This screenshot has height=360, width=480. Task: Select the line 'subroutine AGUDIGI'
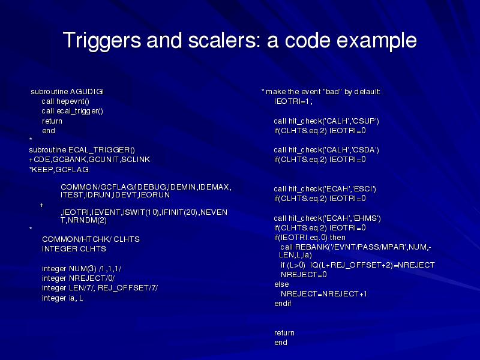point(67,92)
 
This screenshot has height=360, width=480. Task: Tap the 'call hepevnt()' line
point(65,101)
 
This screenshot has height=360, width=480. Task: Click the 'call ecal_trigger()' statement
point(73,111)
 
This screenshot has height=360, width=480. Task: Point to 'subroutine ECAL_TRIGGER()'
point(82,150)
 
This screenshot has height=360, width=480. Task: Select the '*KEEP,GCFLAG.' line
point(59,170)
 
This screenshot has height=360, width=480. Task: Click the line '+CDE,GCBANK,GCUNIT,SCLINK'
point(89,160)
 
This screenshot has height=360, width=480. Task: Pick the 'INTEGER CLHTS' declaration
point(74,249)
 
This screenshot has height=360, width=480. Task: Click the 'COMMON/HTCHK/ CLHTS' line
point(91,239)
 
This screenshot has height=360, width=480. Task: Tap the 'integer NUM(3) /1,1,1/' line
point(82,269)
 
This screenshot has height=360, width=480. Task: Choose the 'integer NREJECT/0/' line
point(79,278)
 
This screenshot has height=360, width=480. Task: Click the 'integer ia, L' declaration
point(62,298)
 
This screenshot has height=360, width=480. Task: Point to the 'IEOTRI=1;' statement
point(293,101)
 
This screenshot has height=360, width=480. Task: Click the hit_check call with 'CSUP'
point(326,121)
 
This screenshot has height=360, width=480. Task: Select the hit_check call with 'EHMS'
point(327,218)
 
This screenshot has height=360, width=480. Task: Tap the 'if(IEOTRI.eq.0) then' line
point(310,238)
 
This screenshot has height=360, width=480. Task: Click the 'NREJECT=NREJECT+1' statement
point(324,294)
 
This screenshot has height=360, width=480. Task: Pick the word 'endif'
point(283,304)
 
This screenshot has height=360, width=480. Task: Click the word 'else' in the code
point(281,284)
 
